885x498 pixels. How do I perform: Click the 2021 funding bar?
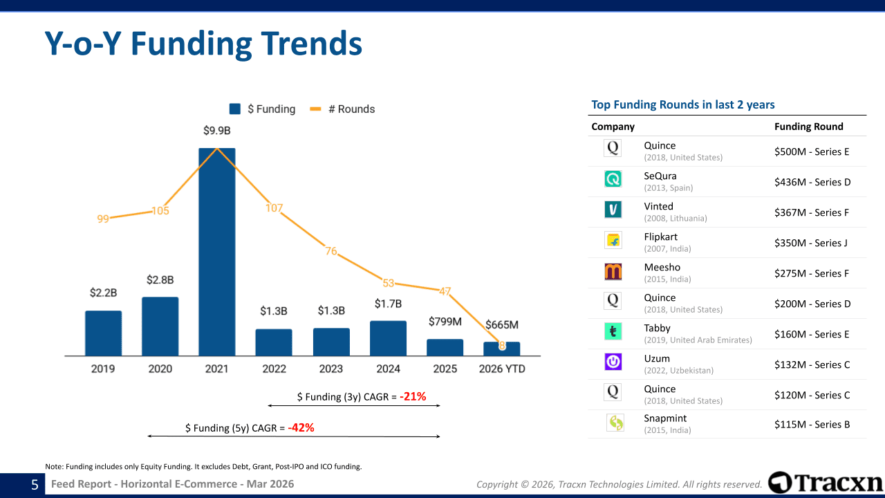coord(217,252)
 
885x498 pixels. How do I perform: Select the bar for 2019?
coord(104,333)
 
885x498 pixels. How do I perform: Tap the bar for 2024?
coord(388,338)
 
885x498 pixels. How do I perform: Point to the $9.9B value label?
coord(217,130)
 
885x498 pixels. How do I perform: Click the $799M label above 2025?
coord(445,322)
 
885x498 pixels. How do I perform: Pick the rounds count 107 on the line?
coord(274,207)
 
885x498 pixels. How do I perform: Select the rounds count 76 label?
coord(331,251)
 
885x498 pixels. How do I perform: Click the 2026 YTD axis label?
coord(502,369)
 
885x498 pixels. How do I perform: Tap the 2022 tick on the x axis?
coord(274,369)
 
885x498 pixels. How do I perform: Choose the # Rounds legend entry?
coord(343,109)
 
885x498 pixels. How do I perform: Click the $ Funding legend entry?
coord(263,109)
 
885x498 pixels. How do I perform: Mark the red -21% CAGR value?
coord(413,396)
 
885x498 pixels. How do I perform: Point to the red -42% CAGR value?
coord(301,428)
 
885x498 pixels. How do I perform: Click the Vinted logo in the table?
coord(613,210)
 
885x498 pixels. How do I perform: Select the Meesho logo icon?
coord(613,270)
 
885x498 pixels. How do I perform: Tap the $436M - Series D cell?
coord(812,182)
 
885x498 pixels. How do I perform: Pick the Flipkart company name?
coord(660,237)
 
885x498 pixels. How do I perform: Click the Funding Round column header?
coord(809,127)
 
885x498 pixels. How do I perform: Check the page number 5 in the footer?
coord(35,485)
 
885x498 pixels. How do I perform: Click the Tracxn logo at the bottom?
coord(826,483)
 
